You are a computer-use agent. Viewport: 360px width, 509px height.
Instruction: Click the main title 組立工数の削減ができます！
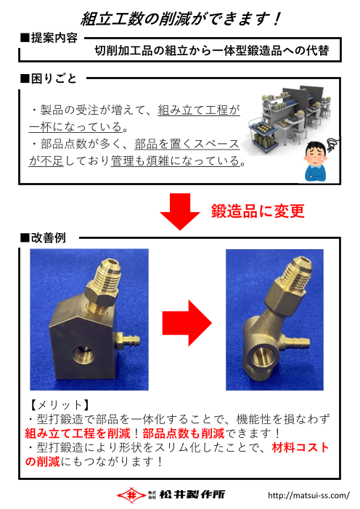tap(179, 17)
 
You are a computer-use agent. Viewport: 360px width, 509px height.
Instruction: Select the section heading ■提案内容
tap(49, 37)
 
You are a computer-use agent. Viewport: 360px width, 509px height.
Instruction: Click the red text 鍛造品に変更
tap(258, 211)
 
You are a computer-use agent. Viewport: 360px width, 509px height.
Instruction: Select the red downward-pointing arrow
tap(179, 211)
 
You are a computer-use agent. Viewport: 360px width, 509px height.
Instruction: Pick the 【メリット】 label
tap(58, 404)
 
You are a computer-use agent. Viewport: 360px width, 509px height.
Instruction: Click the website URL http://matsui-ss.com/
tap(308, 496)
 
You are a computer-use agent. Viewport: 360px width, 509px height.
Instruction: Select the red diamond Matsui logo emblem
tap(132, 494)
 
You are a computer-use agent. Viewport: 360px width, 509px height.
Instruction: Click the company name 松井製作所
tap(192, 494)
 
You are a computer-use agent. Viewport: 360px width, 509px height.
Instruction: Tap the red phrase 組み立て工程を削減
tap(78, 433)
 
